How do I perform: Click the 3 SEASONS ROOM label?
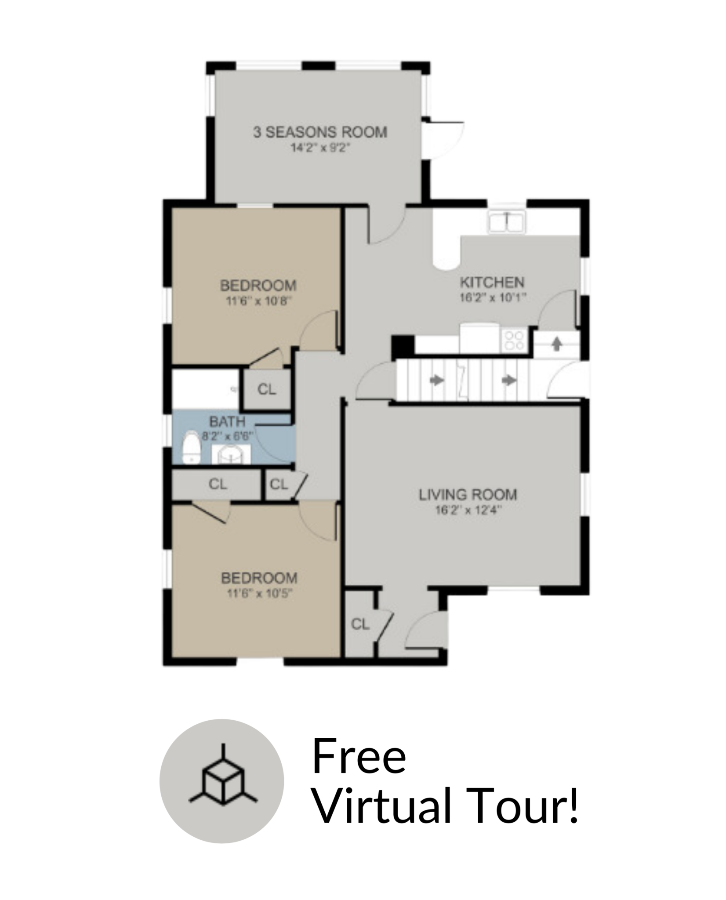pyautogui.click(x=320, y=132)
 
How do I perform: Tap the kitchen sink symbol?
pyautogui.click(x=506, y=221)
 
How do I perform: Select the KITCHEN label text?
pyautogui.click(x=492, y=282)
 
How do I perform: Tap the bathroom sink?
pyautogui.click(x=231, y=454)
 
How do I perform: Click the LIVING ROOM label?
pyautogui.click(x=468, y=495)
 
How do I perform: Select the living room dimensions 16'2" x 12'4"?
pyautogui.click(x=468, y=510)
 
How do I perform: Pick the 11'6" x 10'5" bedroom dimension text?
pyautogui.click(x=259, y=594)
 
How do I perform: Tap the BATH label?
pyautogui.click(x=227, y=422)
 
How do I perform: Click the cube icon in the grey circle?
pyautogui.click(x=223, y=781)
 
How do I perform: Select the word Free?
pyautogui.click(x=359, y=756)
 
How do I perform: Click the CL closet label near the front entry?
pyautogui.click(x=360, y=624)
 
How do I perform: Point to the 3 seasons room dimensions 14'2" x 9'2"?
pyautogui.click(x=320, y=148)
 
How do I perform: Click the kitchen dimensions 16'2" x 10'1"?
pyautogui.click(x=493, y=298)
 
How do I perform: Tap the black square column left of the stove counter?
pyautogui.click(x=403, y=346)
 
